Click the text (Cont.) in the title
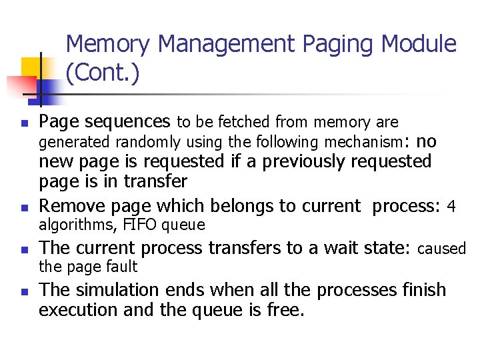103,73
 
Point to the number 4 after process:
451,206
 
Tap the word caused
441,249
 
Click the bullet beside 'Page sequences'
24,124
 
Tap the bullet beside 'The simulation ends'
24,292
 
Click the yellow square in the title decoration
32,67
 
